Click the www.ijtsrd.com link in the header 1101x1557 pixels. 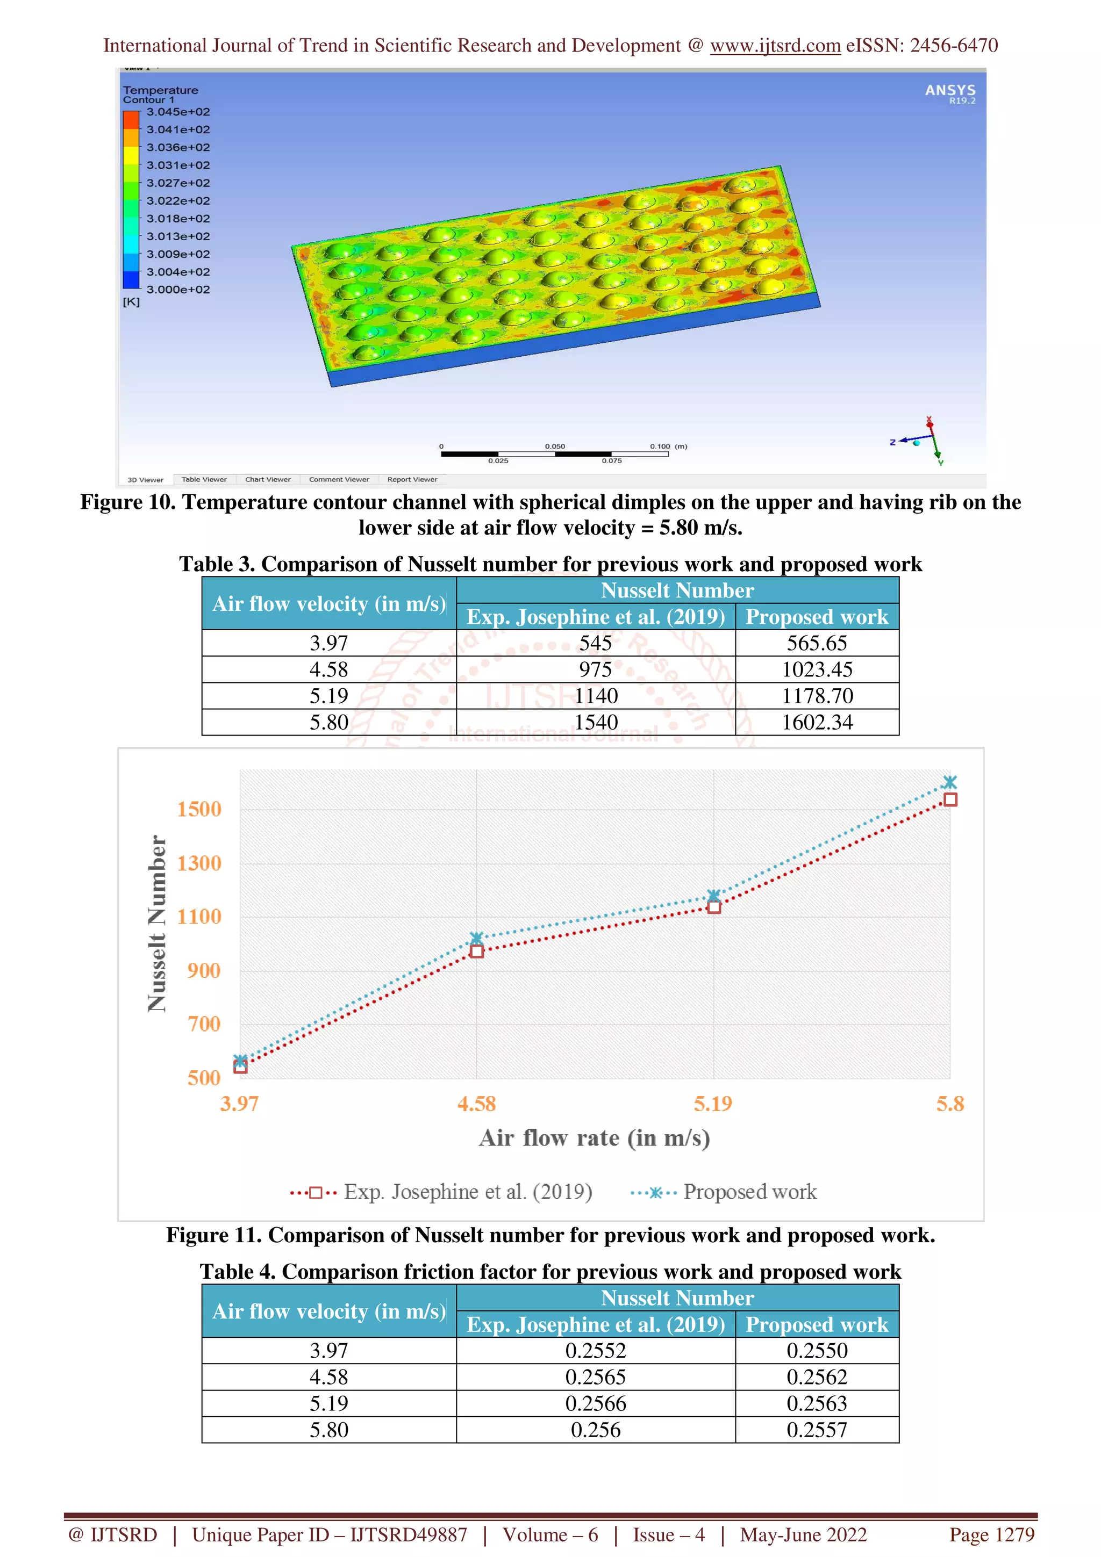click(775, 46)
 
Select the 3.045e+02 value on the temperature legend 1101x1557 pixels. click(178, 112)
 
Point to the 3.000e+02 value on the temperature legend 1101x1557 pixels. click(178, 290)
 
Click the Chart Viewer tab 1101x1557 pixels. click(267, 479)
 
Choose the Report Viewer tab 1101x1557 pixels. click(412, 479)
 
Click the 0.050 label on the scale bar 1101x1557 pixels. click(554, 446)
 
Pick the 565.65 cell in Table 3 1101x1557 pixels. click(817, 643)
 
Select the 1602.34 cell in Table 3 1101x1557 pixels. click(817, 722)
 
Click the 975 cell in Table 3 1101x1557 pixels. click(595, 669)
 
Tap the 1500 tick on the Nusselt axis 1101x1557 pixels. click(199, 809)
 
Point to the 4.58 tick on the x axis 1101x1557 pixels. click(476, 1104)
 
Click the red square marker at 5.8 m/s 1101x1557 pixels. click(950, 800)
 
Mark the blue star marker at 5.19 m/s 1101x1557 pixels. click(713, 896)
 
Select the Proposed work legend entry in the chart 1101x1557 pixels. click(749, 1192)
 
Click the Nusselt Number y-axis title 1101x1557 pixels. click(158, 923)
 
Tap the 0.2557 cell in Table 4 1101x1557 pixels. click(817, 1430)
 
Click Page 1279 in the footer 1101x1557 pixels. click(991, 1534)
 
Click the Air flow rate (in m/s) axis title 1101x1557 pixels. click(594, 1138)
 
